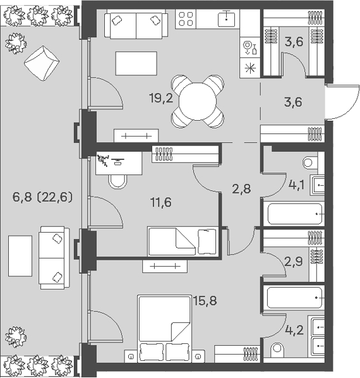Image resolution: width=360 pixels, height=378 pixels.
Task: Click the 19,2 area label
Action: [x=161, y=99]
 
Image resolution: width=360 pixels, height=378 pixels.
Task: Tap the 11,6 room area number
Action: [x=161, y=202]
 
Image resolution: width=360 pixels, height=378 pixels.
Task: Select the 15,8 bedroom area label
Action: [x=205, y=301]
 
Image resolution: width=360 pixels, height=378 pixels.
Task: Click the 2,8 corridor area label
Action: [x=241, y=189]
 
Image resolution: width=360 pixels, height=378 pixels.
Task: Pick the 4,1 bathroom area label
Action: [x=296, y=185]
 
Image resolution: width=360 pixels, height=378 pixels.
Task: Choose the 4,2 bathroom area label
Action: [x=294, y=330]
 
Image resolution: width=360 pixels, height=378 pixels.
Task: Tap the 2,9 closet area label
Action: [x=294, y=261]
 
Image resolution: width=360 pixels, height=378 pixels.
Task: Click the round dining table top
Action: [x=198, y=101]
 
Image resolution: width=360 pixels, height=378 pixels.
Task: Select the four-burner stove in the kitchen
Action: [x=186, y=19]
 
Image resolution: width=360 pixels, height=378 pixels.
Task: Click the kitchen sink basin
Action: [x=226, y=20]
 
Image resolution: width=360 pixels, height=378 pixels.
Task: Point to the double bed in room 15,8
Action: [x=164, y=329]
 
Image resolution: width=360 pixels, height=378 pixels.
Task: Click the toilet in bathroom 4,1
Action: [x=308, y=162]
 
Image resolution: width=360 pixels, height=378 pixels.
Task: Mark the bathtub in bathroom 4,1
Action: [x=294, y=214]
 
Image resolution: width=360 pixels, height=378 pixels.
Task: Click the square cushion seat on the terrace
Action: [x=42, y=63]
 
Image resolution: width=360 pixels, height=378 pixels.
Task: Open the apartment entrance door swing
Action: [x=342, y=102]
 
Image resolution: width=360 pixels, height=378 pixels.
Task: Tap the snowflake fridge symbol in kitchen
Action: [x=250, y=68]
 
